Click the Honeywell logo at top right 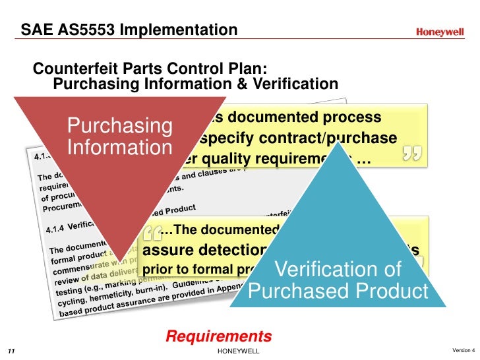tap(440, 32)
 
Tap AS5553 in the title tap(82, 30)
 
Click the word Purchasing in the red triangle tap(119, 125)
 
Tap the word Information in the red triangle tap(119, 147)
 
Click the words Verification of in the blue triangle tap(338, 270)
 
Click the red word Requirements tap(218, 336)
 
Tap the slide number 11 tap(11, 351)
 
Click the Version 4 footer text tap(464, 349)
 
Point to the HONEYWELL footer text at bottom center tap(239, 351)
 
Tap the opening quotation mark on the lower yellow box tap(152, 232)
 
